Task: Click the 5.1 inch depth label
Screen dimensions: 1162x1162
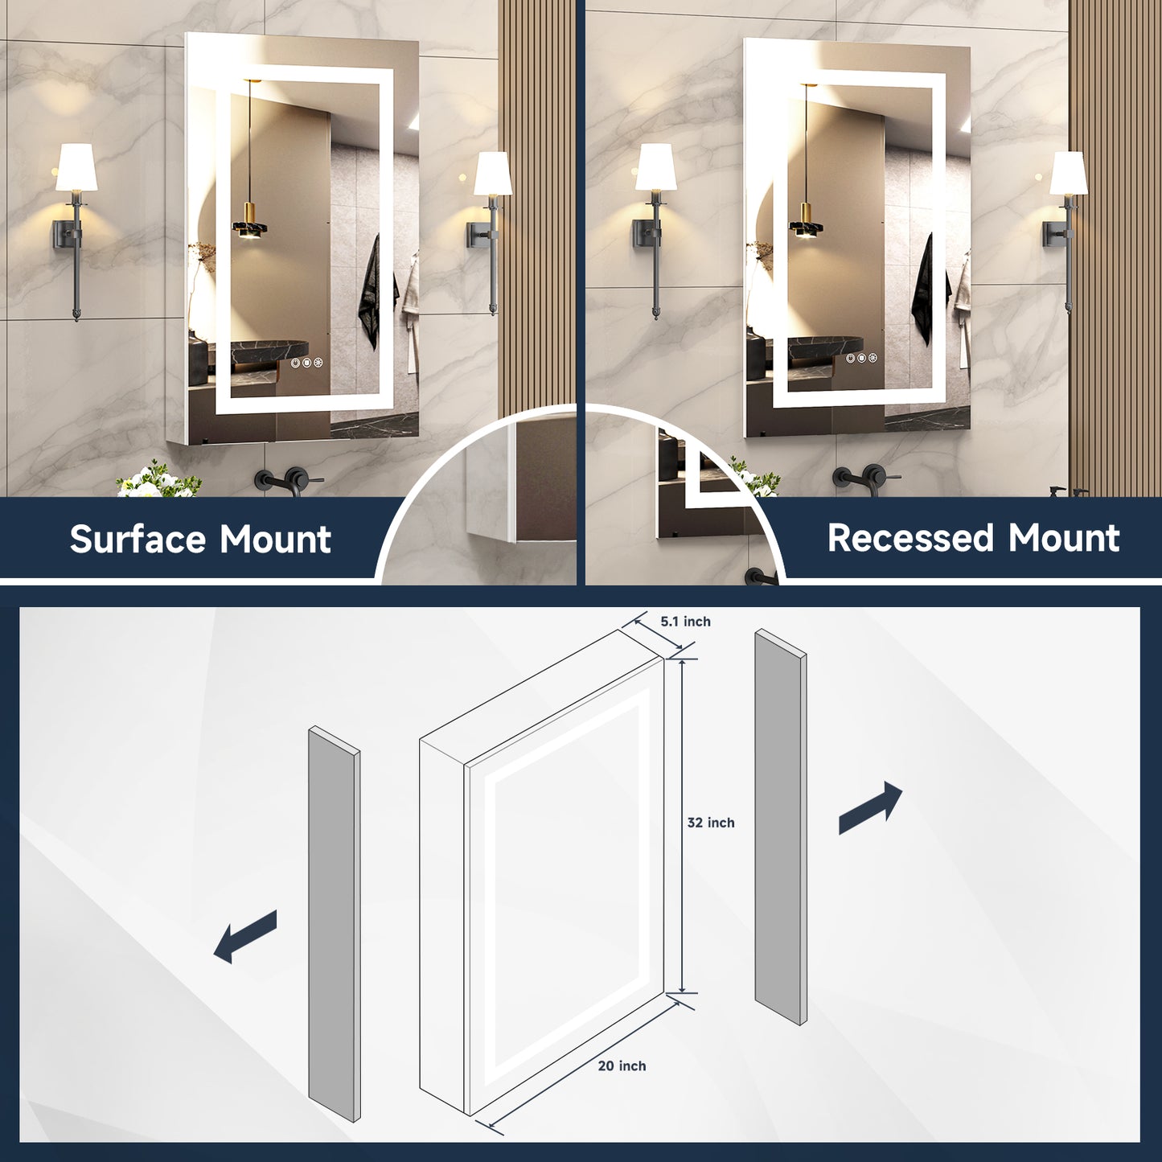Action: coord(685,622)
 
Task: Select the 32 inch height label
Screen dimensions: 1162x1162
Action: coord(711,823)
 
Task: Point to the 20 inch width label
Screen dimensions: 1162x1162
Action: coord(622,1066)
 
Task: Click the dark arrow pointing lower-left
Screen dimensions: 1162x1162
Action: coord(245,936)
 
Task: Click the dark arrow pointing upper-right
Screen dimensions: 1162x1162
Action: coord(871,807)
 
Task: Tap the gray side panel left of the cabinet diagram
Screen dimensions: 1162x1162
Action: coord(335,925)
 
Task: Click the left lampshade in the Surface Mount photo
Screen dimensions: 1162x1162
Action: coord(76,168)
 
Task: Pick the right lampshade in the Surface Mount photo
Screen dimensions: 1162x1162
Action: coord(492,174)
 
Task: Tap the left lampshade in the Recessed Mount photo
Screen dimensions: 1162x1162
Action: coord(655,168)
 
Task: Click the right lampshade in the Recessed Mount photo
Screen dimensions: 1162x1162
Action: coord(1069,173)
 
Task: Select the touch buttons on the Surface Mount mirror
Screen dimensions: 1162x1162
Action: coord(306,363)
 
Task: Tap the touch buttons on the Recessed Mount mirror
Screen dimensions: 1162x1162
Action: coord(860,358)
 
